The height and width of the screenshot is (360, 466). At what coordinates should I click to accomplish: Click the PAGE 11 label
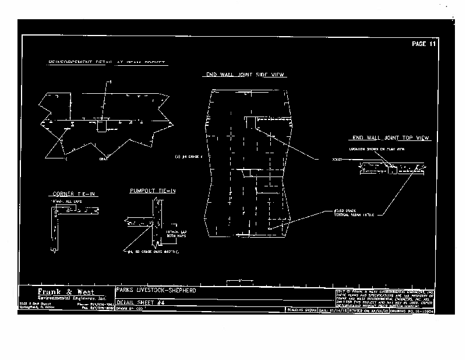click(x=423, y=44)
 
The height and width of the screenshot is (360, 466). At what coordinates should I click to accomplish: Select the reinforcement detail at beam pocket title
click(x=107, y=62)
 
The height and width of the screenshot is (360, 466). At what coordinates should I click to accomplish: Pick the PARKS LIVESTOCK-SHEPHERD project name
click(x=156, y=290)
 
